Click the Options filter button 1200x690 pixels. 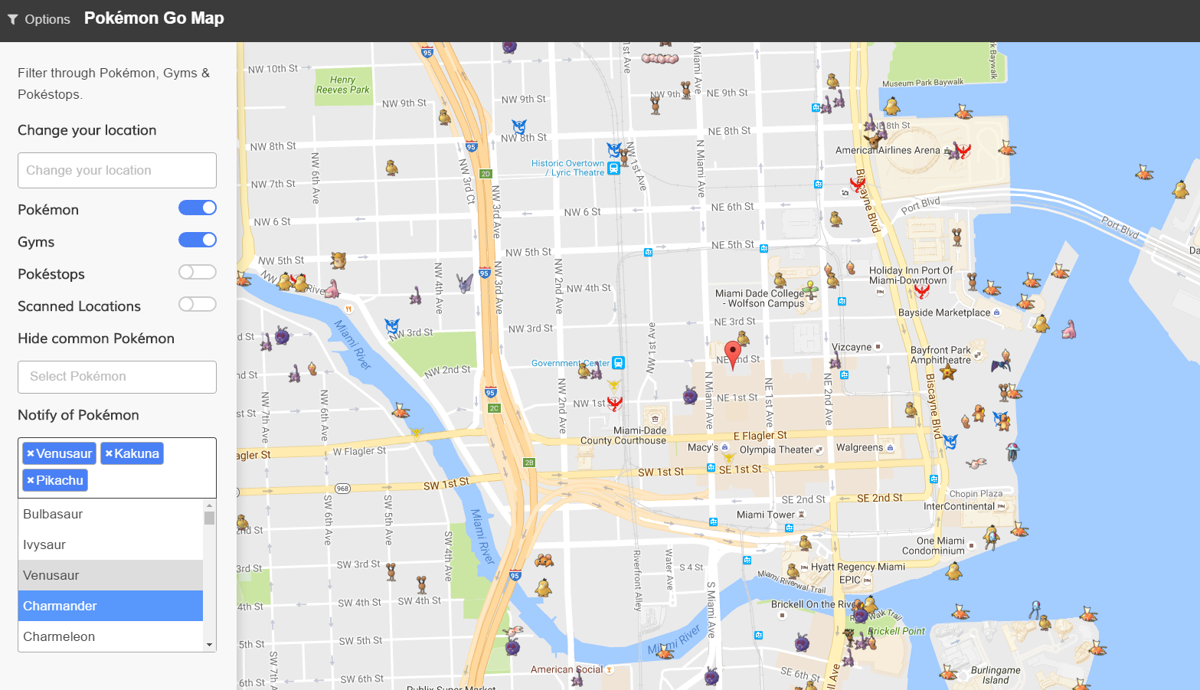point(38,19)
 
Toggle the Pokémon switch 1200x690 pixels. point(198,208)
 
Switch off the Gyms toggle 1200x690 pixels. point(198,240)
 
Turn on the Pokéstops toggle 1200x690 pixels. point(198,273)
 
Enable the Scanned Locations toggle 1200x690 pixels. point(198,305)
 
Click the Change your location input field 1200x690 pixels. point(117,170)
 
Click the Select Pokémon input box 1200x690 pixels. point(117,377)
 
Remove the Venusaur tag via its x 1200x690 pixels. point(31,453)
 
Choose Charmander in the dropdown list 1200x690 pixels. point(110,606)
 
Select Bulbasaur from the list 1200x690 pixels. point(110,514)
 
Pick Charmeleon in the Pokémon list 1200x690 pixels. point(110,636)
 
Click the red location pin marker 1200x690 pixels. point(733,354)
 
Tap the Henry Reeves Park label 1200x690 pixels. point(342,85)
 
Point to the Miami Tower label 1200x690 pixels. point(765,515)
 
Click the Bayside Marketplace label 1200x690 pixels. point(944,312)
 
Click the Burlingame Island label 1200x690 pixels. point(996,675)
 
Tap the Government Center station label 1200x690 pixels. point(570,363)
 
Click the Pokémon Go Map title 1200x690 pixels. point(154,18)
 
